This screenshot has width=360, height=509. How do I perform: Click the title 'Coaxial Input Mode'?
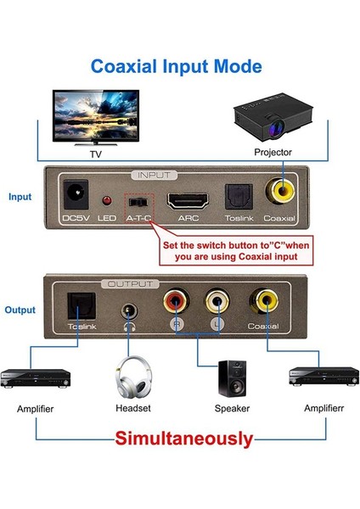177,66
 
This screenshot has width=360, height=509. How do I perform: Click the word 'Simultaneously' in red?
184,439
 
